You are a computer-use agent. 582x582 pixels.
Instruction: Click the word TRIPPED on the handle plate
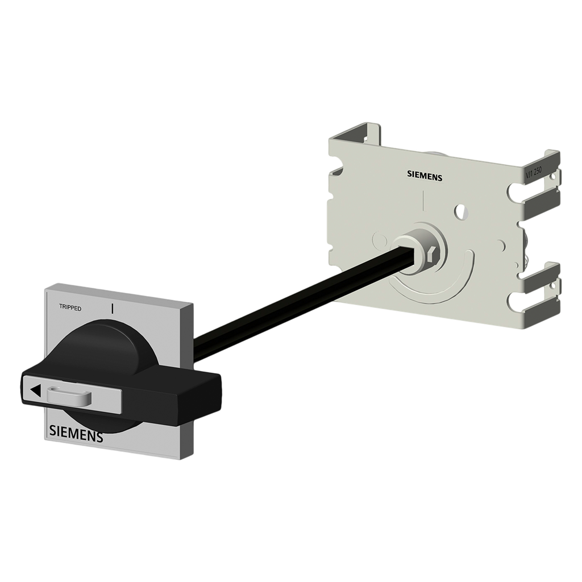(70, 308)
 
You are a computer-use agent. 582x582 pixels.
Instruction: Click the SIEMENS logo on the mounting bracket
(424, 176)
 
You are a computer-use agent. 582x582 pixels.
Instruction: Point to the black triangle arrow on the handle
(35, 390)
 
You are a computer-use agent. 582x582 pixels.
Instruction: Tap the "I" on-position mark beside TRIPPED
(113, 308)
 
